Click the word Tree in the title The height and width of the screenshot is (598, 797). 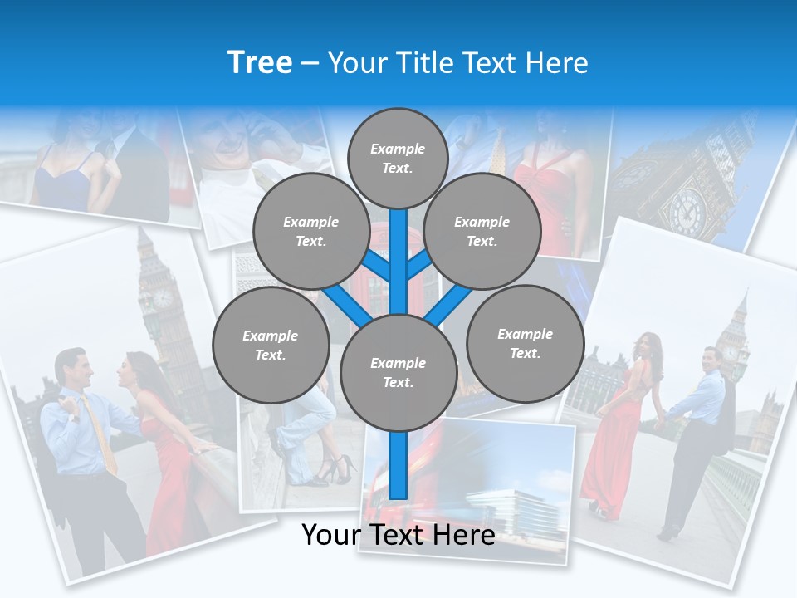tap(260, 63)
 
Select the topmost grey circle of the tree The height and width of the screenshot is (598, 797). tap(398, 158)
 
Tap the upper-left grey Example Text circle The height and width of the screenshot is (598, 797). tap(310, 232)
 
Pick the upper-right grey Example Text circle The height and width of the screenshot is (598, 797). tap(482, 232)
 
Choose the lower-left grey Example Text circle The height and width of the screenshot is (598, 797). tap(271, 345)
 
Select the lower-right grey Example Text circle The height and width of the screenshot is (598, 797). tap(525, 343)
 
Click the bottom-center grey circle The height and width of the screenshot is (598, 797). tap(398, 372)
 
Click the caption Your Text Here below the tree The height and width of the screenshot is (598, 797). tap(398, 535)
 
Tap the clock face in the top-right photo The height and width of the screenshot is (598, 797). tap(688, 210)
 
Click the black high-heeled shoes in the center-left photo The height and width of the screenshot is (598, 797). tap(332, 471)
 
